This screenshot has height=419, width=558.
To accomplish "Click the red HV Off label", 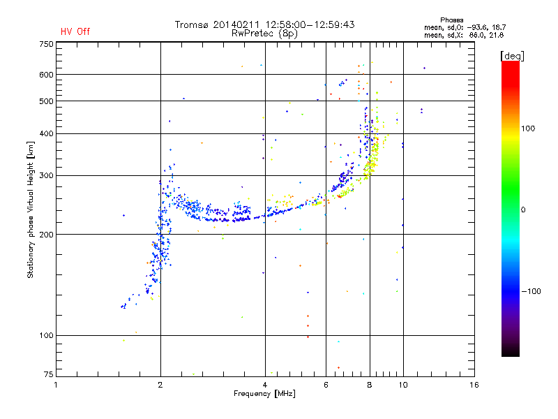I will [75, 31].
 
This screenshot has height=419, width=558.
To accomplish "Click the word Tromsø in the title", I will [192, 24].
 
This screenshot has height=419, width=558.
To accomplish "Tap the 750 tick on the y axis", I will [46, 44].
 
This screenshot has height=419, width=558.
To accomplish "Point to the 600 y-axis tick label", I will [46, 75].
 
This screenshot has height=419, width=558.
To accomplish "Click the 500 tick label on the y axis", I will [46, 101].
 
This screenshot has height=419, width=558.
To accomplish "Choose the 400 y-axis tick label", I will [46, 133].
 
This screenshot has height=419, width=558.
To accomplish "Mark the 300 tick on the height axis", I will [46, 175].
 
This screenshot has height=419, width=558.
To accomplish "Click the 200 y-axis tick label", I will [46, 235].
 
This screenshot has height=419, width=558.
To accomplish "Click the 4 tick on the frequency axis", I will [265, 385].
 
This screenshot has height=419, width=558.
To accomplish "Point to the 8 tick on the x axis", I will [369, 385].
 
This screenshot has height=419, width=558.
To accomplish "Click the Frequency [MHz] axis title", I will [264, 394].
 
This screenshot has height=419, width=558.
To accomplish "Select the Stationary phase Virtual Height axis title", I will [31, 210].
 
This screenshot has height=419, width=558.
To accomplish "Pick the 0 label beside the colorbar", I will [523, 209].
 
